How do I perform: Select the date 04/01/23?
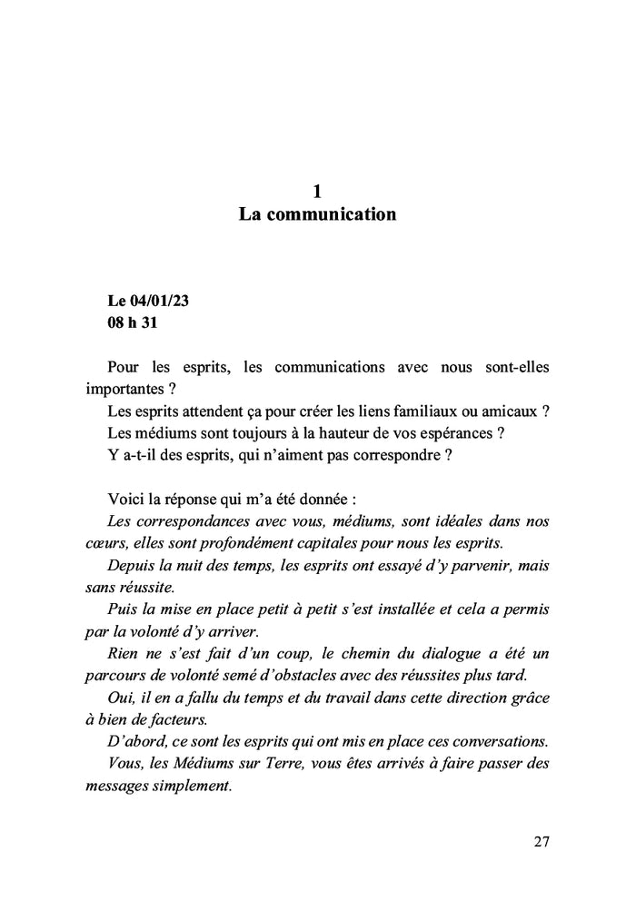coord(157,300)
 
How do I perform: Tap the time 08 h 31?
coord(133,322)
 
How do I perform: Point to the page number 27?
coord(541,841)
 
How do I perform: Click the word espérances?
coord(443,433)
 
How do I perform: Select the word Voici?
coord(126,500)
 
